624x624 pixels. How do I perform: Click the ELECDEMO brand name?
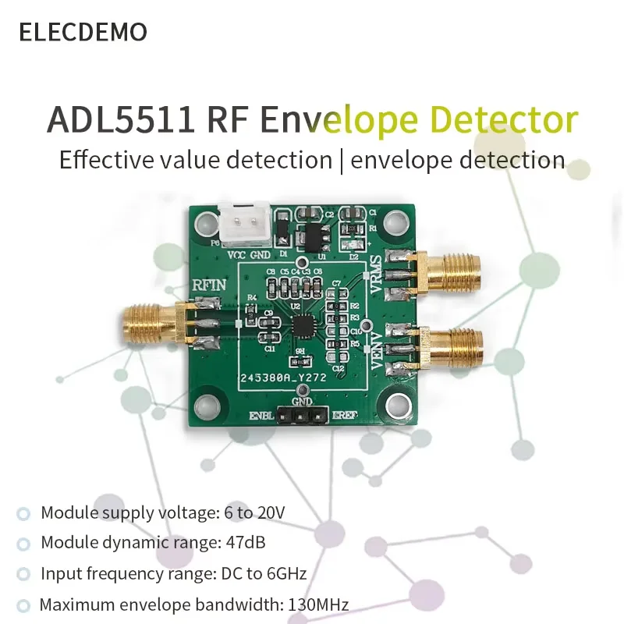coord(83,32)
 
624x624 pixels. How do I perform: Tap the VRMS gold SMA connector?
coord(448,271)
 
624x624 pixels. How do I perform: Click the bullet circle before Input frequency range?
coord(24,575)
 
